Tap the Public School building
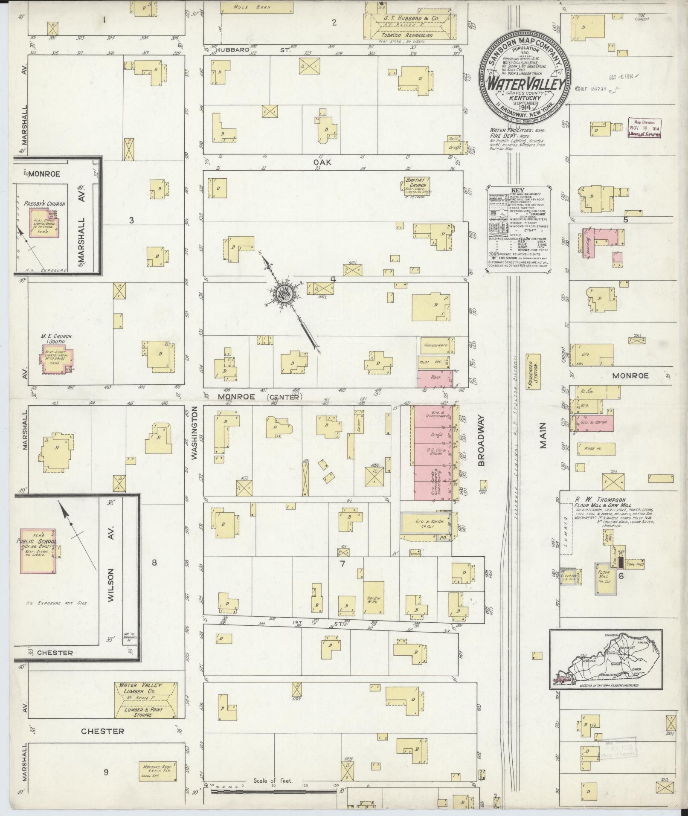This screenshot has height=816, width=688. (38, 550)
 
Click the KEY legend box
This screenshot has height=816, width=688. (518, 229)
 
